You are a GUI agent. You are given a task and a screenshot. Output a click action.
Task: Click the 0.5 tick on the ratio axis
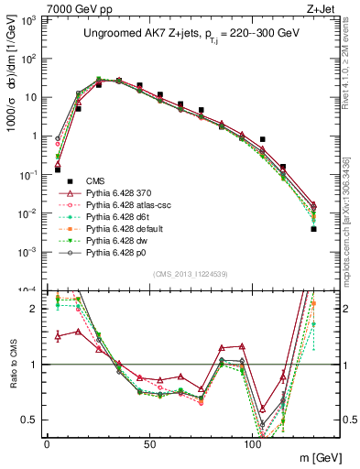tap(30, 420)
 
